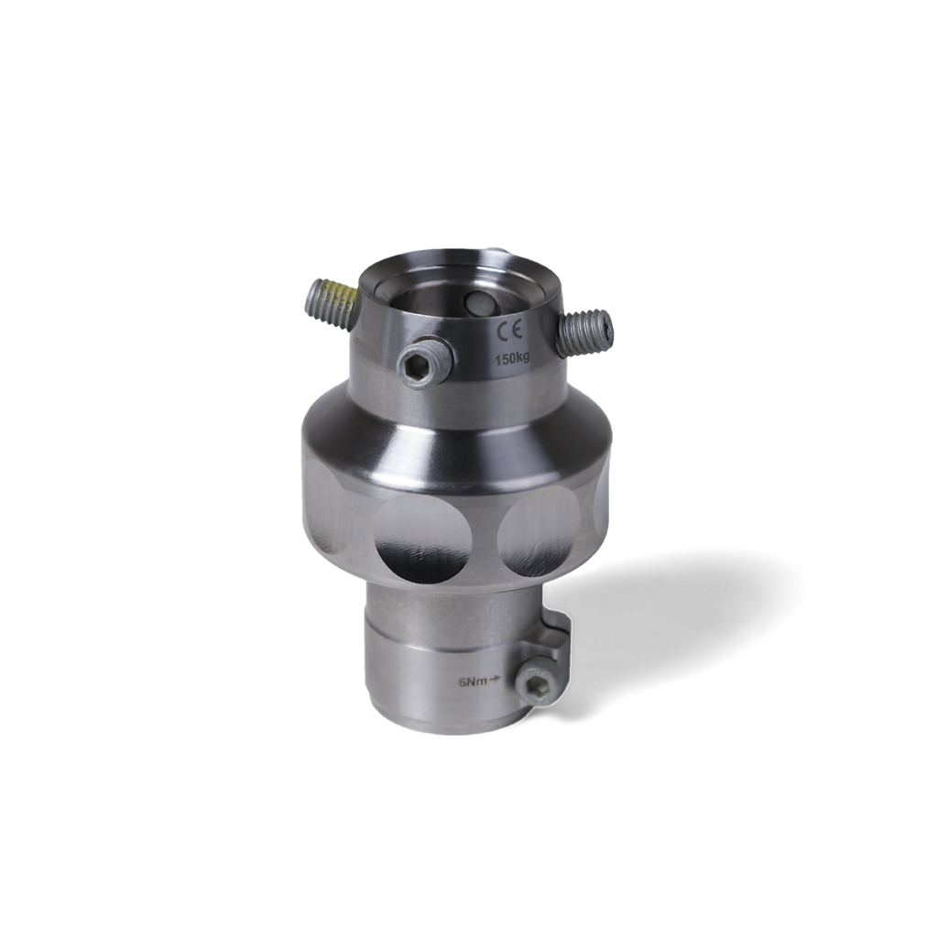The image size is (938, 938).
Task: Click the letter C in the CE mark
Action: (x=501, y=331)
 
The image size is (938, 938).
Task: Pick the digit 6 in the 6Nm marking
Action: (x=463, y=682)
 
